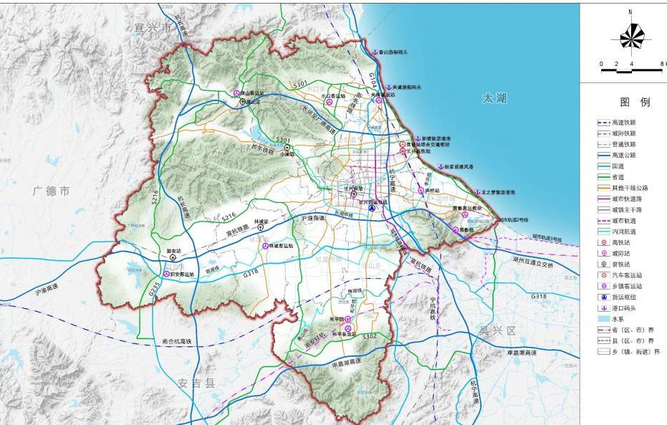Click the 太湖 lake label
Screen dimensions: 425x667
[x=494, y=98]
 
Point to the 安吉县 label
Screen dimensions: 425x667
[x=197, y=383]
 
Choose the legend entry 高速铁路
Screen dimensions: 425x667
[x=623, y=123]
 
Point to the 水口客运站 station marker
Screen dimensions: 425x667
[x=329, y=102]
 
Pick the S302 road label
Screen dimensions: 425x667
[x=370, y=335]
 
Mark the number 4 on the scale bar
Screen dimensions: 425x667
[x=631, y=65]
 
